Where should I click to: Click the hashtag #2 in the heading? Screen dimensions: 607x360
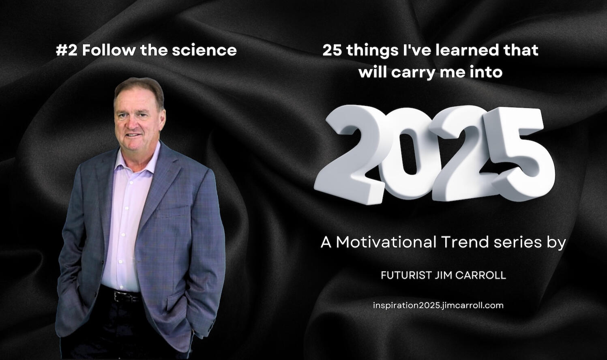pyautogui.click(x=66, y=50)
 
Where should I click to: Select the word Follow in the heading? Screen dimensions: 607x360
pyautogui.click(x=108, y=50)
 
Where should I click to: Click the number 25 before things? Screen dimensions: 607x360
pyautogui.click(x=332, y=50)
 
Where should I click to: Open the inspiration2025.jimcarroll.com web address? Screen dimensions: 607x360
pyautogui.click(x=438, y=306)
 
